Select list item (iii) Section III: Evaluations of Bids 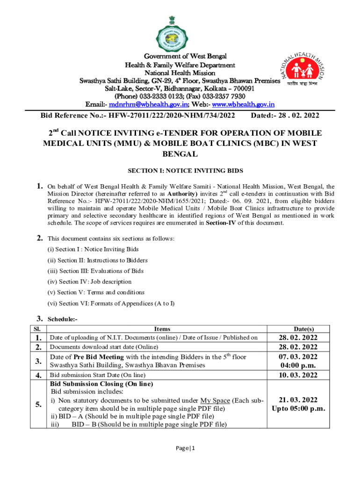point(95,271)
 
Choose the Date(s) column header point(298,329)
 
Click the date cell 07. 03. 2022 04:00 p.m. point(298,361)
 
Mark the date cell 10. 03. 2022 point(298,375)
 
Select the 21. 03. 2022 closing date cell point(298,404)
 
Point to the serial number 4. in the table point(39,375)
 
